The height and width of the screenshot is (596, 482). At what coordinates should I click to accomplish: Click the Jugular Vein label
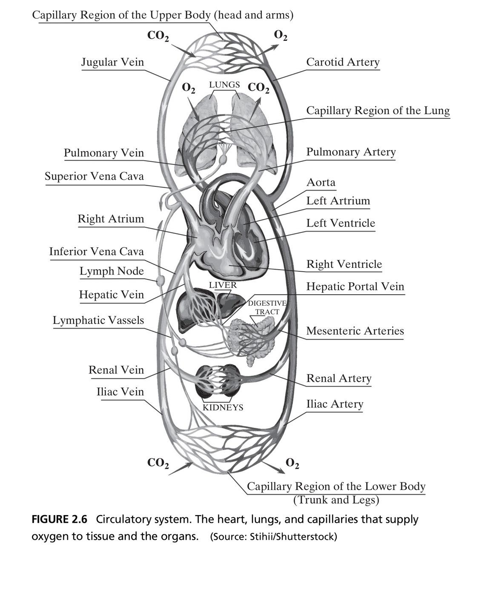tap(112, 62)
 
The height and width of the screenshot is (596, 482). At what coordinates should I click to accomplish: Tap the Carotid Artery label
tap(343, 62)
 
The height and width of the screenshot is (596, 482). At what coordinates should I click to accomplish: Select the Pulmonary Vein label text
tap(104, 153)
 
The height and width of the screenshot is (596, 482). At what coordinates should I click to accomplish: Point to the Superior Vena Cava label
tap(95, 176)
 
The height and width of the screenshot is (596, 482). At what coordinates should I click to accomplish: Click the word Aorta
tap(321, 183)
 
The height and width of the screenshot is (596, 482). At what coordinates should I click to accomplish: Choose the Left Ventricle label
tap(341, 223)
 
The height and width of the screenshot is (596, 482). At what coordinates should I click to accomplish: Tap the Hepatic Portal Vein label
tap(355, 287)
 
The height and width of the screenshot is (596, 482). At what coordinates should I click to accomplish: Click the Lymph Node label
tap(112, 271)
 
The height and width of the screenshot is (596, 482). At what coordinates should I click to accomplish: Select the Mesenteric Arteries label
tap(355, 331)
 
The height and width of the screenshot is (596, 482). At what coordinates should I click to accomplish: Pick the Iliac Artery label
tap(335, 404)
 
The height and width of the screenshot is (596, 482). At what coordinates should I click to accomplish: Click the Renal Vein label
tap(116, 370)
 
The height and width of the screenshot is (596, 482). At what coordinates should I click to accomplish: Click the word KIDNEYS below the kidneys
tap(223, 407)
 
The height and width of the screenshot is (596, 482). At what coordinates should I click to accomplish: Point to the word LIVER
tap(223, 285)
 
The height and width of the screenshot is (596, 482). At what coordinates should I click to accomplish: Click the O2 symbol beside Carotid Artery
tap(281, 35)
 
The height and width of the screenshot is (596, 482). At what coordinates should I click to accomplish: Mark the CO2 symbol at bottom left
tap(158, 463)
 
